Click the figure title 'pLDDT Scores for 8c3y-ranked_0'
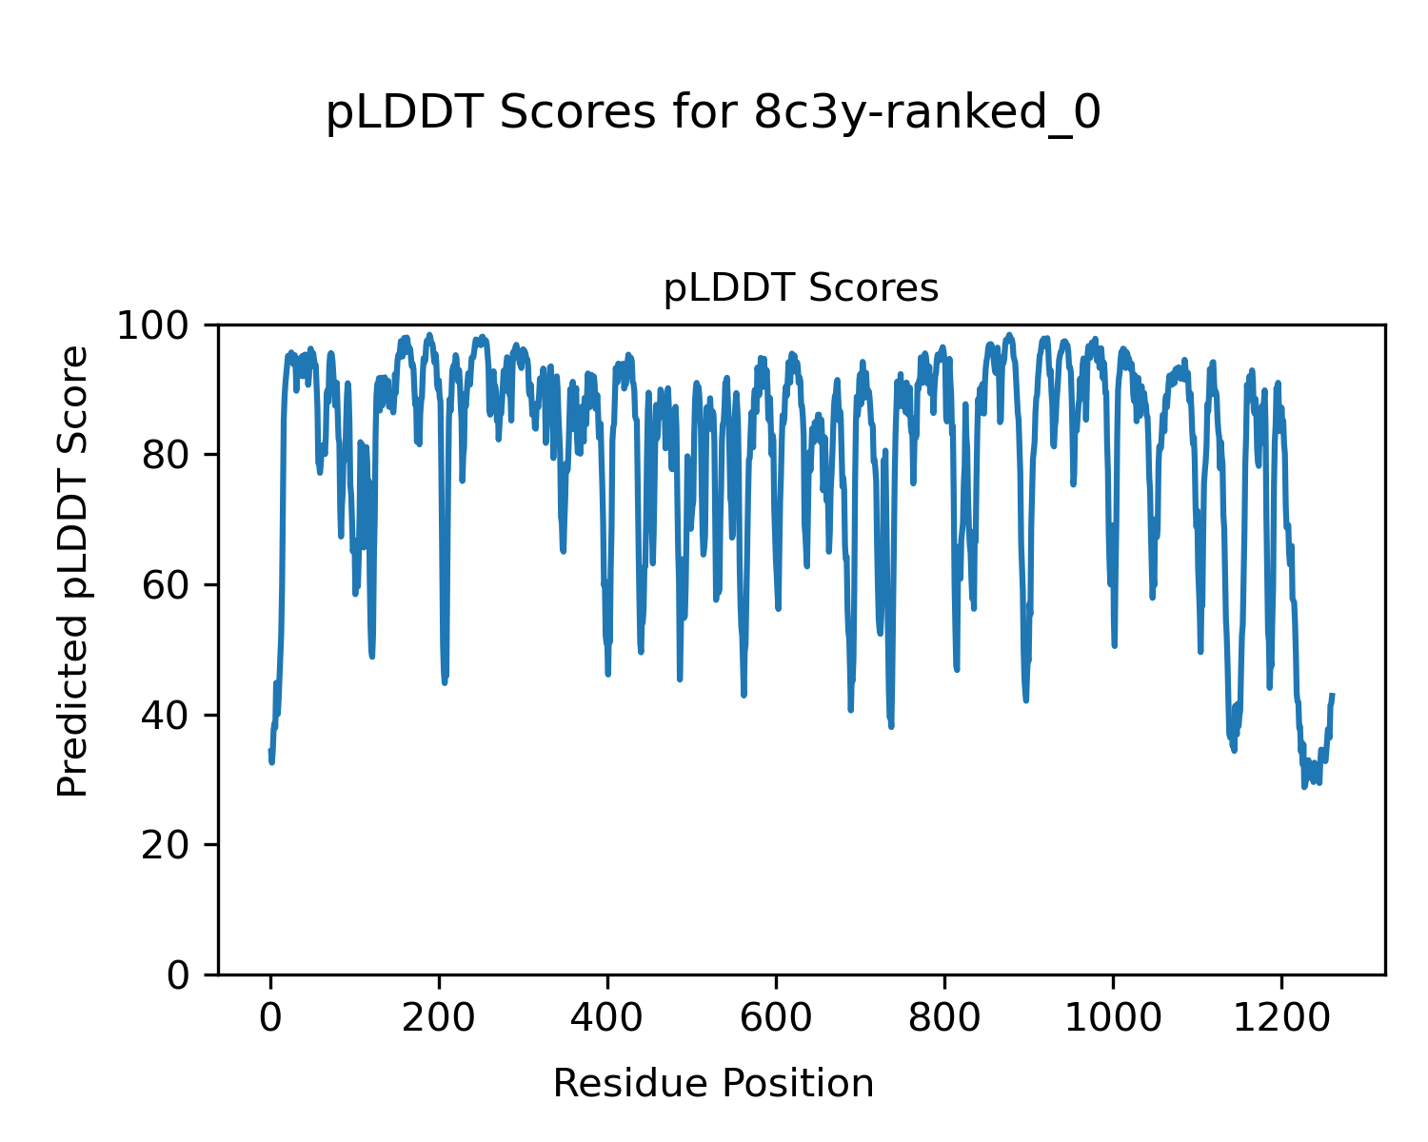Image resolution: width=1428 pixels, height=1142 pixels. [713, 113]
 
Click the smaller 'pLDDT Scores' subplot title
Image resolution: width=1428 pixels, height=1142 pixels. [801, 288]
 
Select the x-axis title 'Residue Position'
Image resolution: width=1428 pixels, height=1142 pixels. [713, 1083]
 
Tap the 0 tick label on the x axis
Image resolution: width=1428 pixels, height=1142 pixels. [270, 1017]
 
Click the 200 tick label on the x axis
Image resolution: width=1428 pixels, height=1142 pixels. [439, 1017]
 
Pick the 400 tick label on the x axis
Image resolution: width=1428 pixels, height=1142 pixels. [607, 1017]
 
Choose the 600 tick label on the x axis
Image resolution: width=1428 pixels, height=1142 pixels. [776, 1017]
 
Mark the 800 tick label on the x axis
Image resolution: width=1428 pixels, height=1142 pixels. [944, 1017]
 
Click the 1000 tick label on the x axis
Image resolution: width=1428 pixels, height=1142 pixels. [1112, 1017]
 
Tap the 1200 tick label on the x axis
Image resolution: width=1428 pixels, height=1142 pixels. [1280, 1017]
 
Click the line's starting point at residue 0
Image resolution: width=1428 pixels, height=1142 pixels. [270, 751]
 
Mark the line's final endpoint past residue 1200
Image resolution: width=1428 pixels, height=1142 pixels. [1333, 695]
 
